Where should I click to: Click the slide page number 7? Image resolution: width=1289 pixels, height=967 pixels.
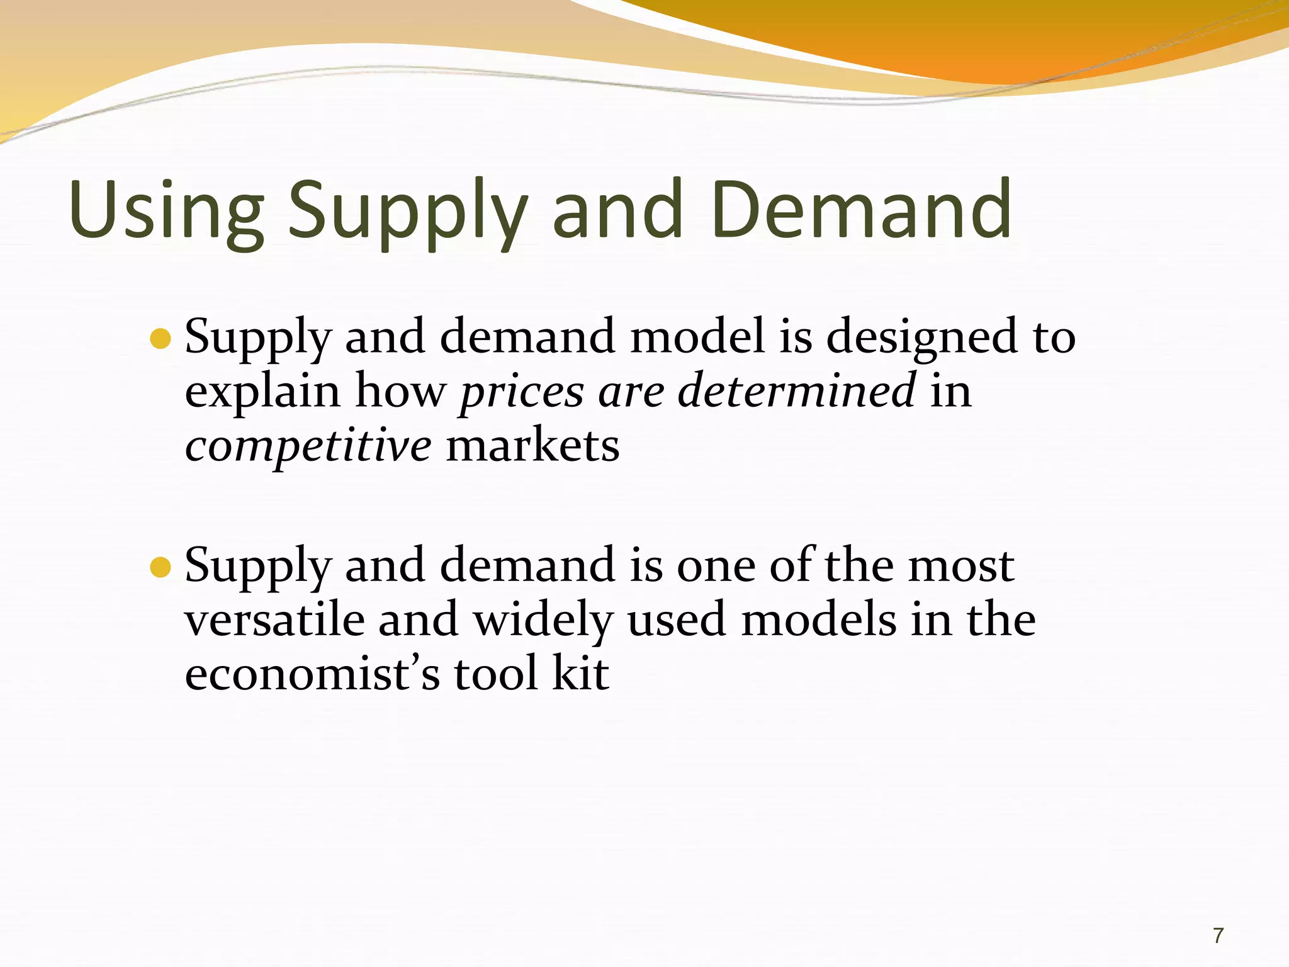click(x=1218, y=936)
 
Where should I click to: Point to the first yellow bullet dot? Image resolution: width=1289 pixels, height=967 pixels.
click(x=161, y=339)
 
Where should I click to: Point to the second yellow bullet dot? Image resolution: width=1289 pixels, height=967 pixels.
click(x=161, y=567)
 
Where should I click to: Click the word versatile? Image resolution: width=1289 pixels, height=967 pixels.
click(x=274, y=620)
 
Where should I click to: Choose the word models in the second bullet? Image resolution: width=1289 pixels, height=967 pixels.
click(x=818, y=620)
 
